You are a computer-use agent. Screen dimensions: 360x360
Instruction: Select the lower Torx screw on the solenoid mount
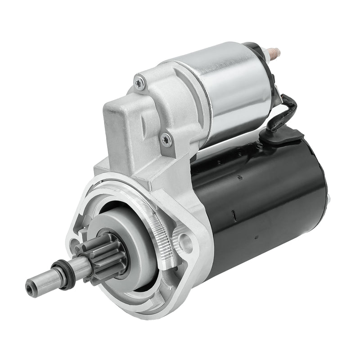tap(166, 139)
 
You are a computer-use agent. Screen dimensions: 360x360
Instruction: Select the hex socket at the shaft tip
tap(30, 285)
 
